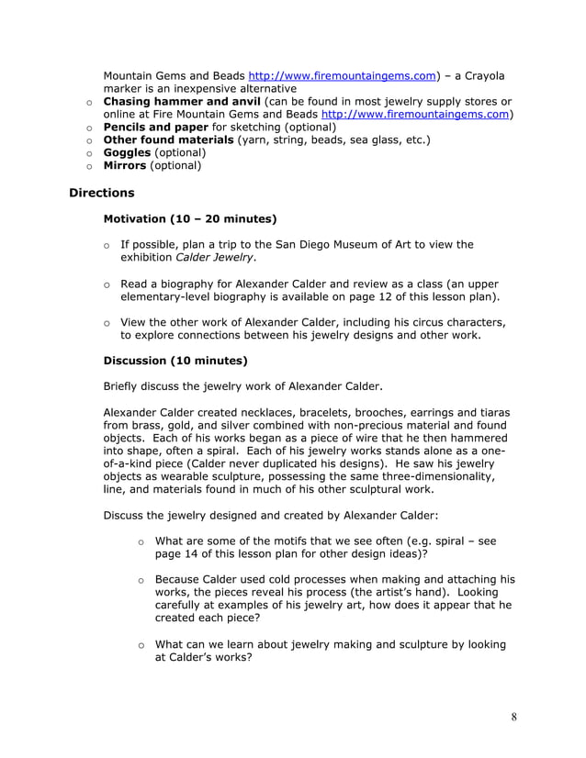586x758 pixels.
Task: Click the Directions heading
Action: pos(101,193)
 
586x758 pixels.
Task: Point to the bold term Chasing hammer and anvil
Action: pos(182,101)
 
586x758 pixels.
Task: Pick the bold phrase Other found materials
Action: pos(168,139)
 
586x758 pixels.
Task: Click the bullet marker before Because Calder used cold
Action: pos(141,580)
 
